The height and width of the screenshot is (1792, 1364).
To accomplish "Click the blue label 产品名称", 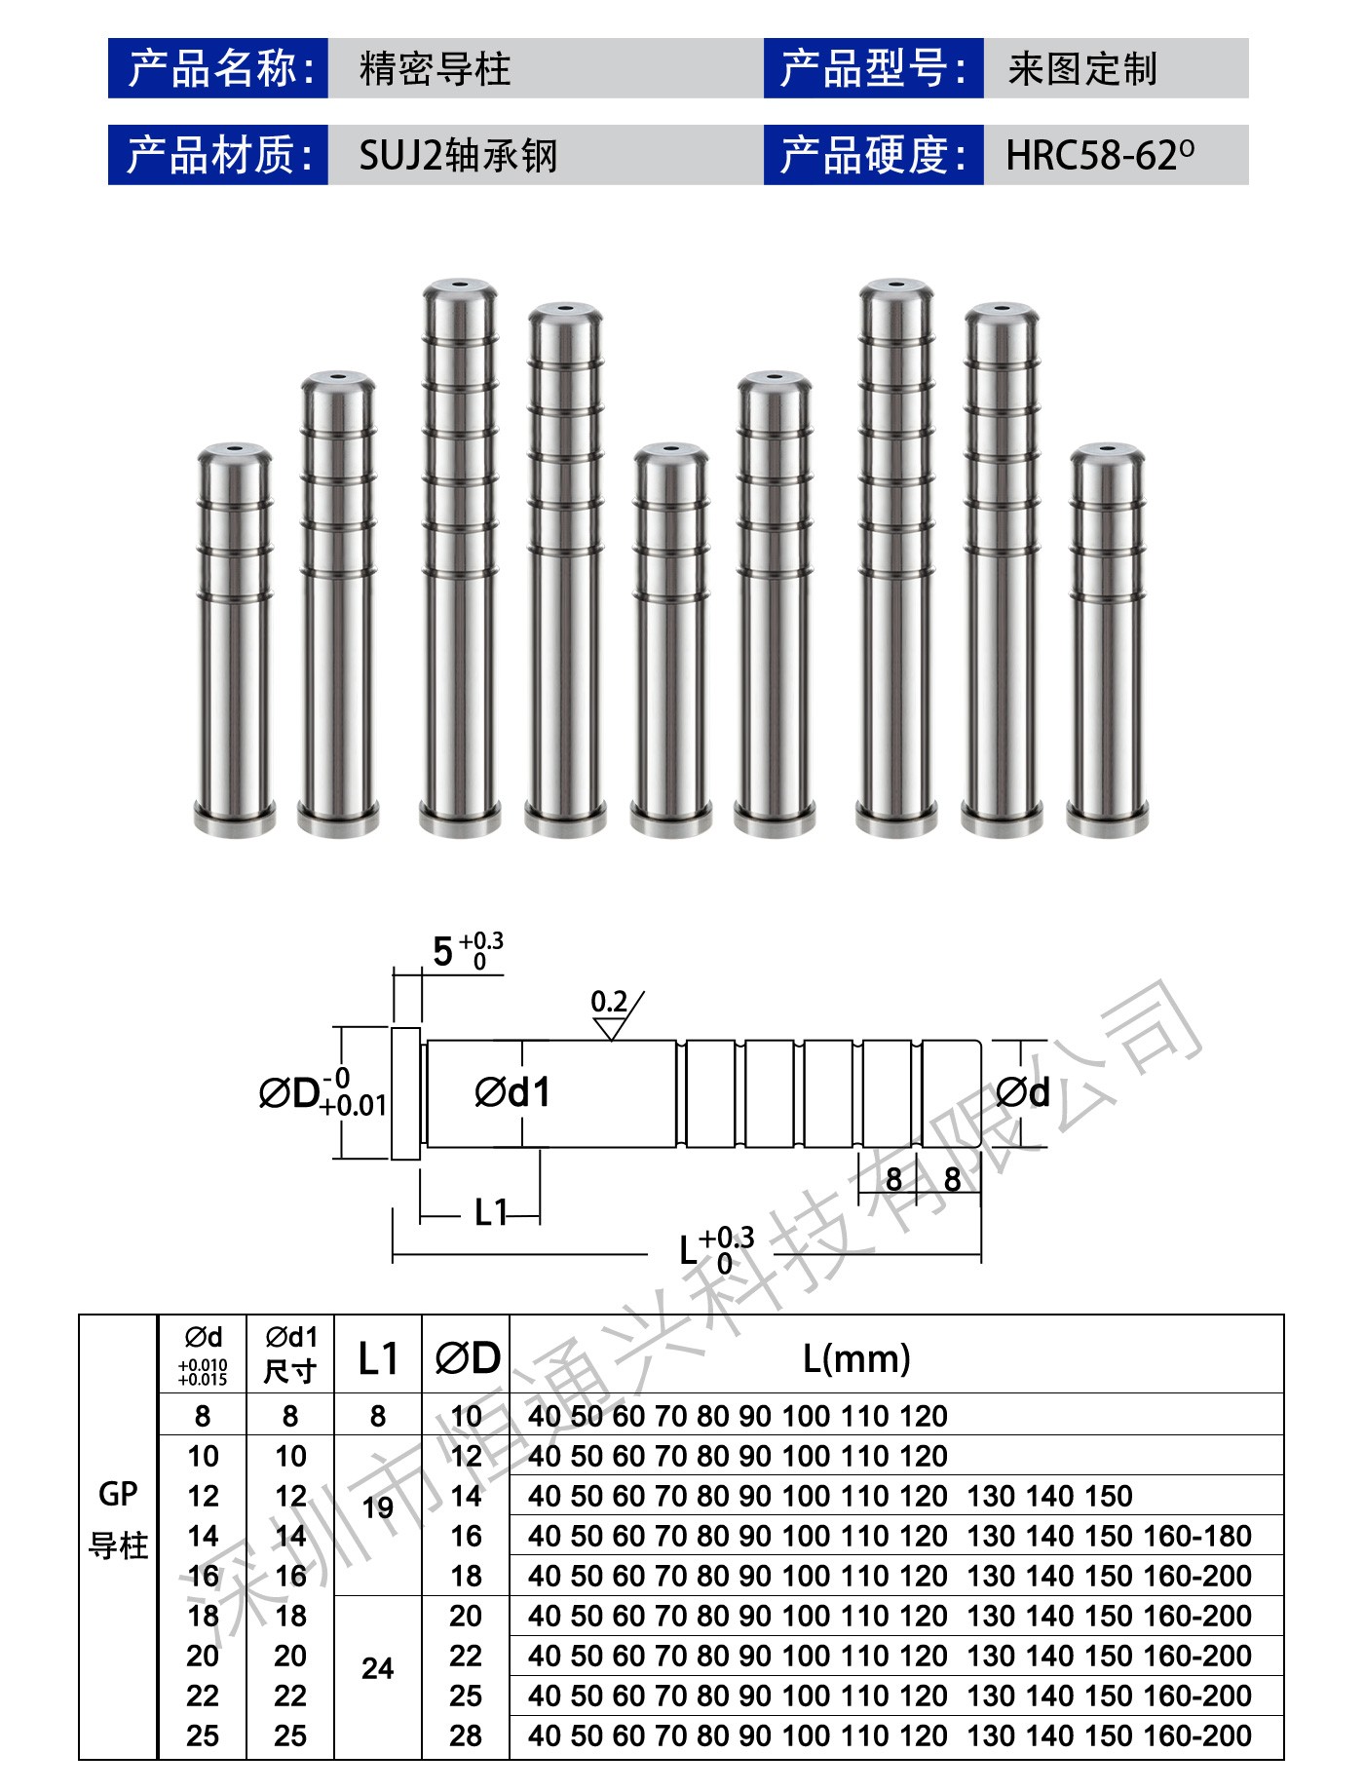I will click(x=218, y=68).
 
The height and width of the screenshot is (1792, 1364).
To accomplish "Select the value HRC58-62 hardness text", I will click(x=1099, y=155).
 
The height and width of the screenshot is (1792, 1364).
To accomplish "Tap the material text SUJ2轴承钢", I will click(x=457, y=155).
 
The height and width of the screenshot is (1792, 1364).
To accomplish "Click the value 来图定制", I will click(x=1082, y=68).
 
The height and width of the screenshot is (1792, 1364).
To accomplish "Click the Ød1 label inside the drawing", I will click(x=512, y=1092).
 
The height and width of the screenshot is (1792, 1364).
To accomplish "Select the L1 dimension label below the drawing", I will click(x=491, y=1213).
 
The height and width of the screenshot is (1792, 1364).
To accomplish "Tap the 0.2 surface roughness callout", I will click(x=610, y=1003).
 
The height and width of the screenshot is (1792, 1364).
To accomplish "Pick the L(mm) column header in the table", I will click(x=856, y=1357).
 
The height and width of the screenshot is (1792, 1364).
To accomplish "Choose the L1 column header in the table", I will click(x=378, y=1357).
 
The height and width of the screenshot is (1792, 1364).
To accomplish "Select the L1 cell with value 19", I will click(x=378, y=1508).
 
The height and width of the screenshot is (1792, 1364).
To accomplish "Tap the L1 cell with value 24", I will click(x=378, y=1668).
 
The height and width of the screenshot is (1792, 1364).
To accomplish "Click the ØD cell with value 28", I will click(x=466, y=1735).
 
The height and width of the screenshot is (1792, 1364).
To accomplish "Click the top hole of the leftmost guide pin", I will click(x=234, y=449).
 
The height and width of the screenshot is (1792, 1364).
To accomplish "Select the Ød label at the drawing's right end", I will click(x=1023, y=1093).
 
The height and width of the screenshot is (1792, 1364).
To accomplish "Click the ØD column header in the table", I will click(x=467, y=1357).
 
